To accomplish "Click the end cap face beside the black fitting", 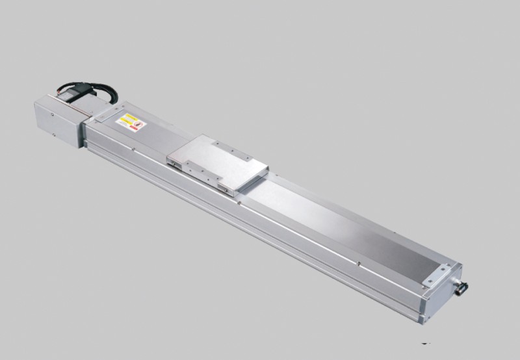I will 448,292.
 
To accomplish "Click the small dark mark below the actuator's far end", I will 426,342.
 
